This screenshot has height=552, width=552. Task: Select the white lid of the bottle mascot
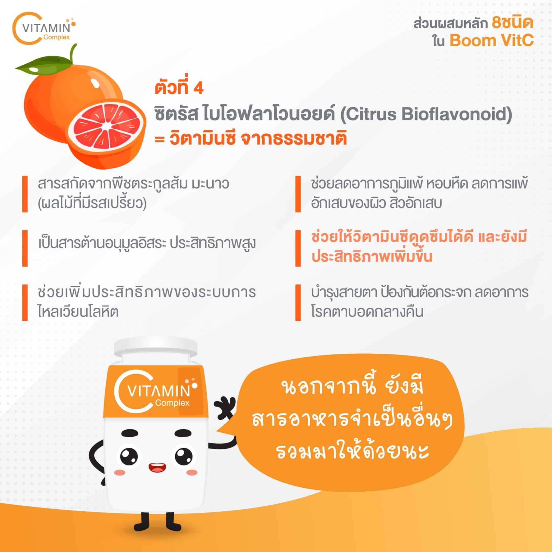tap(156, 350)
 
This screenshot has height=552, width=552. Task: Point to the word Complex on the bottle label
tap(172, 403)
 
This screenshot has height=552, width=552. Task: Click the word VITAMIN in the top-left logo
tap(46, 29)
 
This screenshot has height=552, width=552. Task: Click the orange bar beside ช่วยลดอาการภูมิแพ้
tap(298, 194)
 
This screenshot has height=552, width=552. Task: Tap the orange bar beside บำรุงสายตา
tap(298, 303)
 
